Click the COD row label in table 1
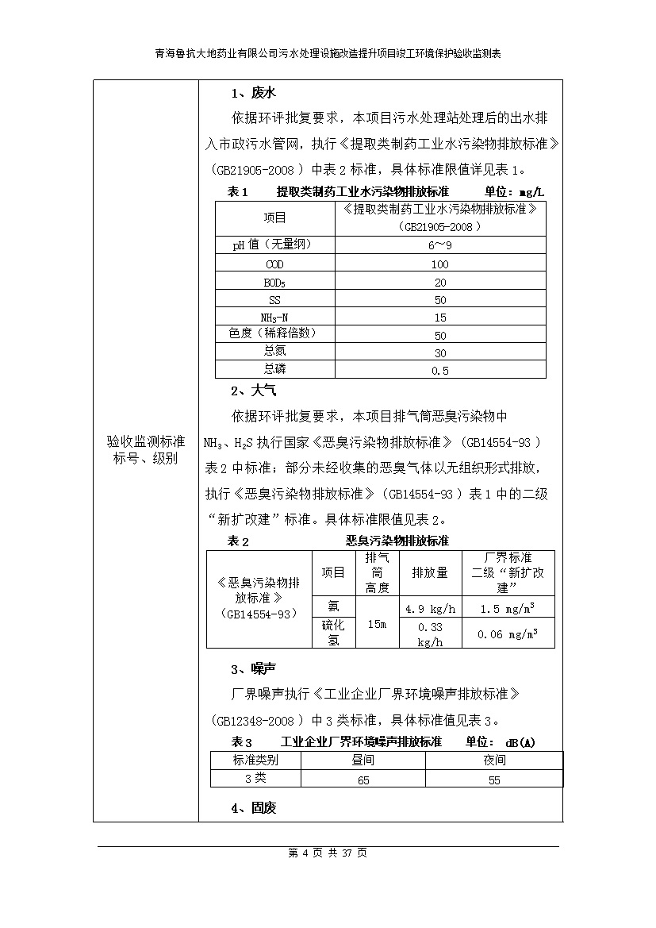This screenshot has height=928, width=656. pos(274,264)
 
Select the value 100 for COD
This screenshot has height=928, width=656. pos(440,264)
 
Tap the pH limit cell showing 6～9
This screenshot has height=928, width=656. pos(440,245)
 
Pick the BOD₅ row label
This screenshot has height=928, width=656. pos(274,282)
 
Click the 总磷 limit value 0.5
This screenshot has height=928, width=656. pos(440,370)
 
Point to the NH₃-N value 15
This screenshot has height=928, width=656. pos(440,318)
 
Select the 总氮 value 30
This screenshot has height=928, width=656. pos(440,352)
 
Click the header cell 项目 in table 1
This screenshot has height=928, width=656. pos(274,218)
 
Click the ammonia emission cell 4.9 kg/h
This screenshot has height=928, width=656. pos(430,609)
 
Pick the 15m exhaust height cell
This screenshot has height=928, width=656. pos(377,624)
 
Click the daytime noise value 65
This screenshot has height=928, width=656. pos(363,780)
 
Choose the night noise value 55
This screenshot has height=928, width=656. pos(494,780)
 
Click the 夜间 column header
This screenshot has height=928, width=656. pos(494,760)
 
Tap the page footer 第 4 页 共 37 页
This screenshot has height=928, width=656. pos(328,853)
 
